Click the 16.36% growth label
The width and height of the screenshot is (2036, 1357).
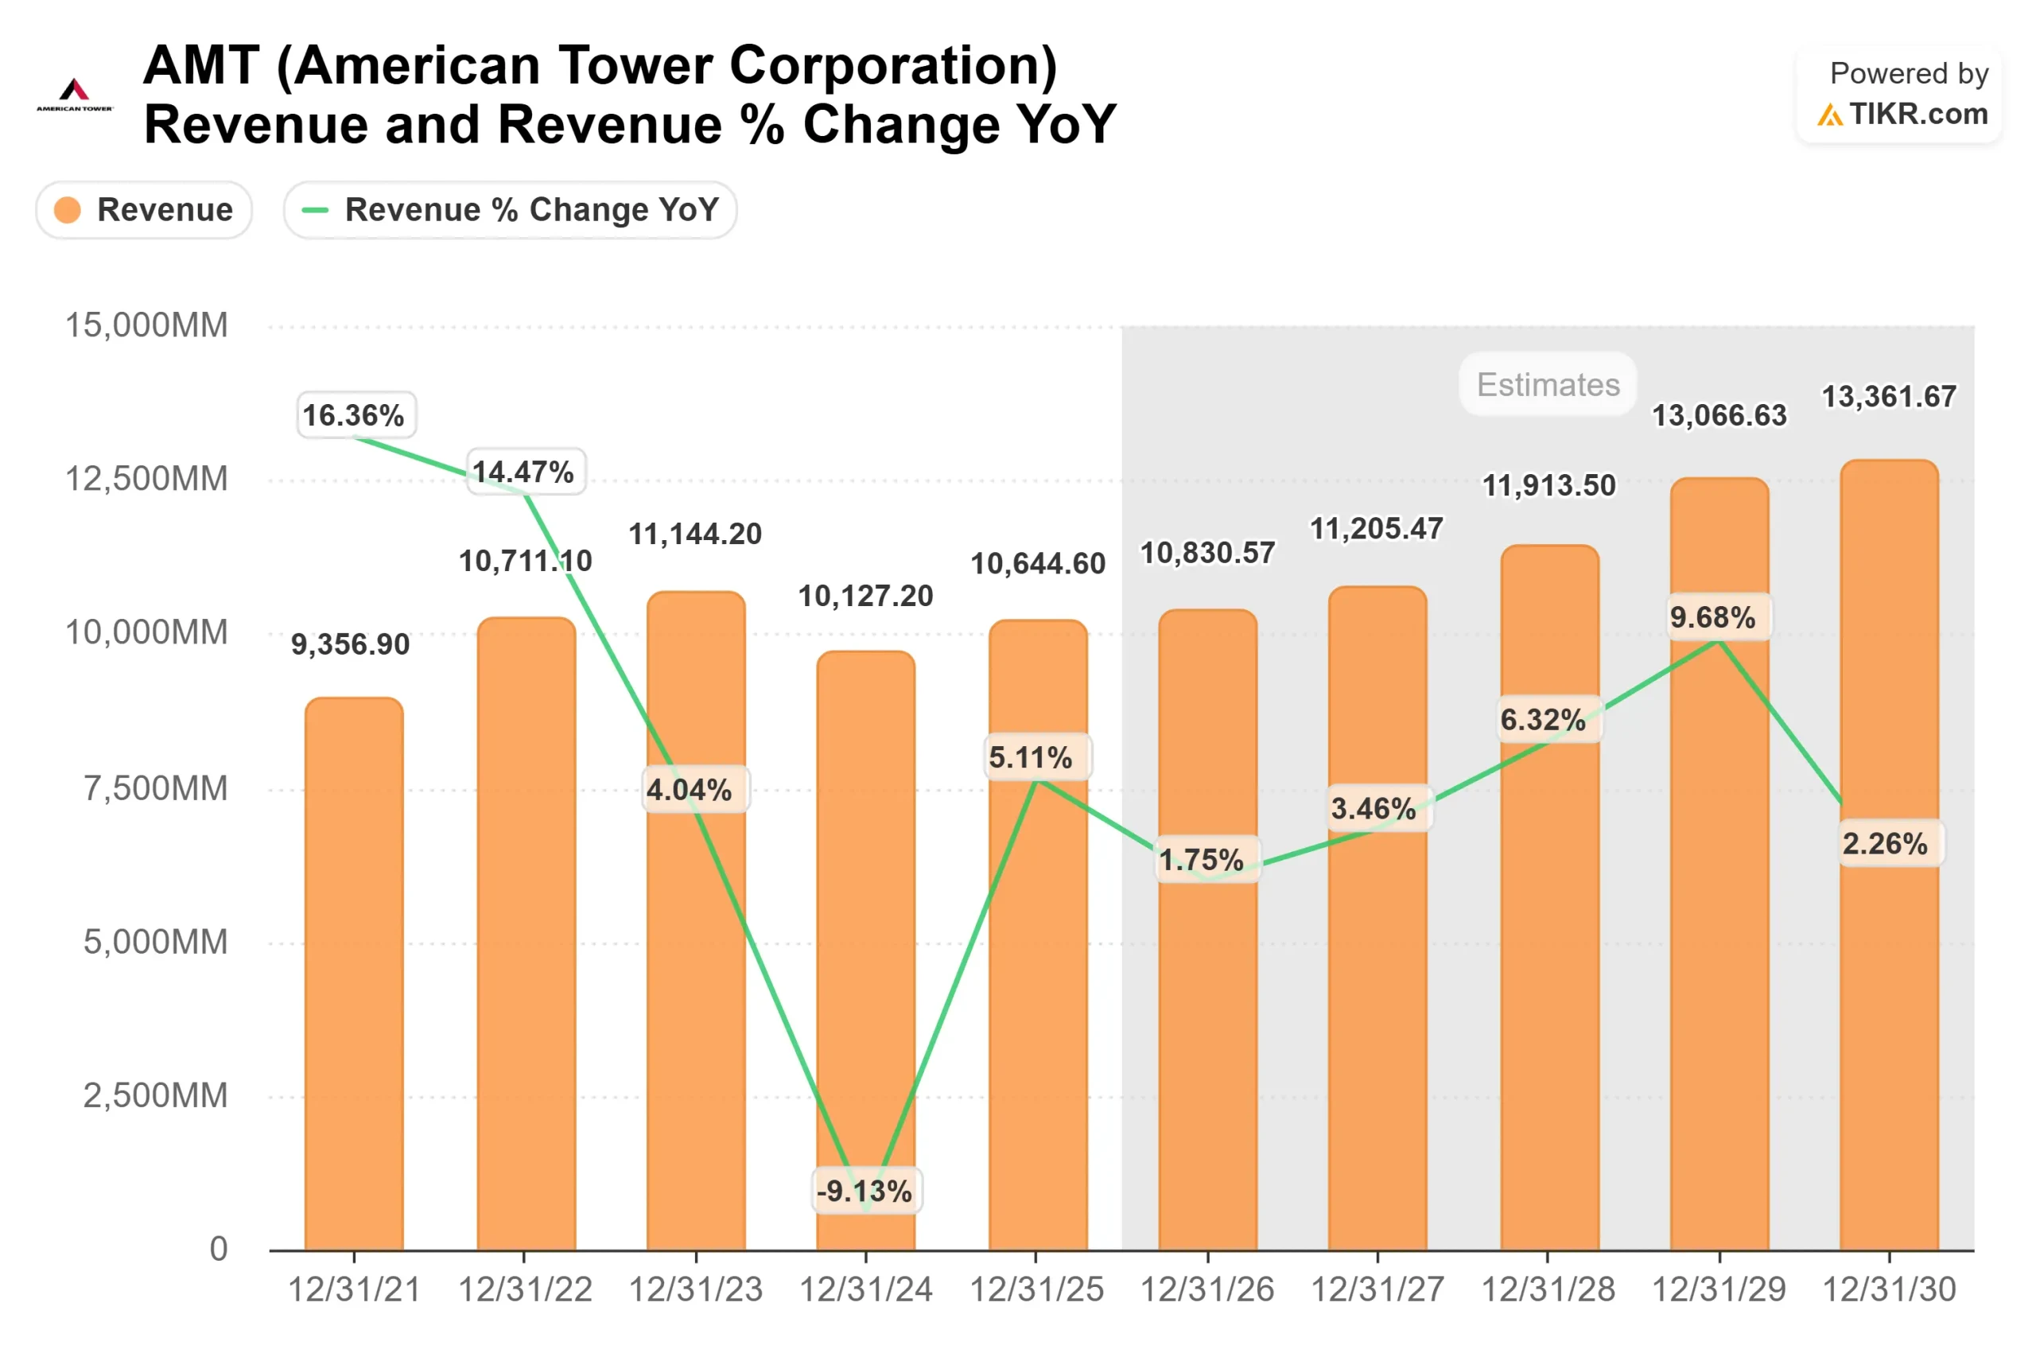pos(353,415)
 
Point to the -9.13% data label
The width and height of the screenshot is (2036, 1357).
pos(865,1192)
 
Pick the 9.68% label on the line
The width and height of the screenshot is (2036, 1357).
pos(1712,618)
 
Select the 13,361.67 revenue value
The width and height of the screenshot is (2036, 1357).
pos(1889,397)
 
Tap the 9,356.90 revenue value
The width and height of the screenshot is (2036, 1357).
pos(350,645)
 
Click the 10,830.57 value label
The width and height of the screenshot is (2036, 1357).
pos(1207,553)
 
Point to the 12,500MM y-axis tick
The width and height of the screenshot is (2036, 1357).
pos(147,479)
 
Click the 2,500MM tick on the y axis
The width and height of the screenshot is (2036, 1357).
pos(156,1095)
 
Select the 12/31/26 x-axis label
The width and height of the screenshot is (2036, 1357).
pos(1207,1289)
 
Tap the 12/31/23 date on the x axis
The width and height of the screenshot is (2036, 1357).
pos(695,1289)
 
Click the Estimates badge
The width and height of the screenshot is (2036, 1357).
pos(1548,384)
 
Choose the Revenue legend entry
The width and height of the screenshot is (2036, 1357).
pos(144,210)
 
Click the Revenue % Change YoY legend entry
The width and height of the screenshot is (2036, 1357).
pos(510,210)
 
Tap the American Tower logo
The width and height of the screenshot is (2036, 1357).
pos(75,95)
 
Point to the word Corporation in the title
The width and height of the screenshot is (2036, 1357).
pos(892,66)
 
